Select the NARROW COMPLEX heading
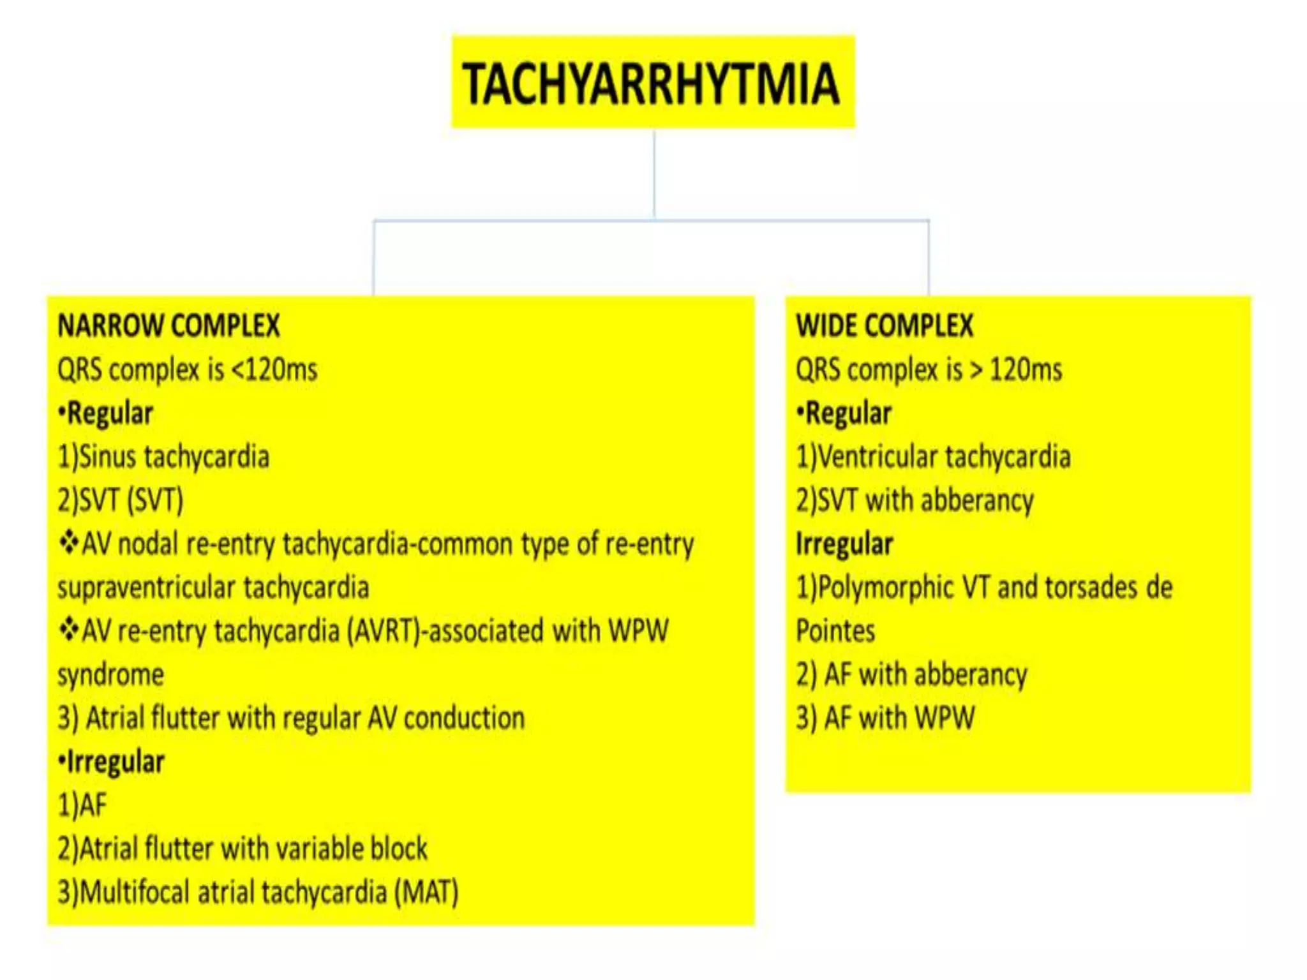[x=168, y=325]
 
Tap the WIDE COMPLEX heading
[x=885, y=325]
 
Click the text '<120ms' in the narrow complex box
[x=274, y=369]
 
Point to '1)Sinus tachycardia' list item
[x=163, y=457]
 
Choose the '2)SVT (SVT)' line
[x=121, y=500]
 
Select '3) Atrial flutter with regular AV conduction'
[x=291, y=718]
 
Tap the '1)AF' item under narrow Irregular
[x=82, y=805]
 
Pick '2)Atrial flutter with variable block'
[x=243, y=849]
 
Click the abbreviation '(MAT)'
[x=426, y=892]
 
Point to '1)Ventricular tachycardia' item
[x=933, y=457]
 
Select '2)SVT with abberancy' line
[x=915, y=500]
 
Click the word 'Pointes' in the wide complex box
[x=835, y=631]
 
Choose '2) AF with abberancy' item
[x=912, y=675]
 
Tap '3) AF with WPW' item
[x=885, y=718]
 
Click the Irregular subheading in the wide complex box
[x=844, y=544]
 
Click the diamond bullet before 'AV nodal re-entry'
[x=68, y=543]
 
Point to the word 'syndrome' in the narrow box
[x=110, y=675]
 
